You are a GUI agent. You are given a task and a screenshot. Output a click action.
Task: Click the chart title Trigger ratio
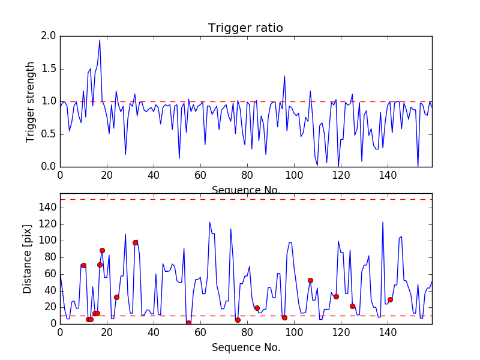pos(245,28)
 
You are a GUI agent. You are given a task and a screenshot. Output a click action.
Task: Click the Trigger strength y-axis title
pos(31,101)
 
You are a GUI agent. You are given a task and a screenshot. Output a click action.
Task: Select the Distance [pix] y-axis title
pos(27,262)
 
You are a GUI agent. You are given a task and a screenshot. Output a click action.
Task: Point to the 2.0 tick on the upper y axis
pos(49,36)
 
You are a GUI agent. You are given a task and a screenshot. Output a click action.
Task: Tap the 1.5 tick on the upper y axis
pos(49,69)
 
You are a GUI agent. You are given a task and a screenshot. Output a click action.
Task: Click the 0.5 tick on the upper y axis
pos(49,134)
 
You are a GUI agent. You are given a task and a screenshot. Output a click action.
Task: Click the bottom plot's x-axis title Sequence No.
pos(245,347)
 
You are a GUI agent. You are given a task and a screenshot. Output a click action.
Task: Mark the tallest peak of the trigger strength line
pos(100,40)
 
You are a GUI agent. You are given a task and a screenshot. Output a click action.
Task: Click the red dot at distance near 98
pos(135,242)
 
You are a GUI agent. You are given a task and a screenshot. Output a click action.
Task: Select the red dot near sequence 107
pos(310,280)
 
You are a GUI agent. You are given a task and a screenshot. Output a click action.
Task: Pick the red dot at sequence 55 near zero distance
pos(188,323)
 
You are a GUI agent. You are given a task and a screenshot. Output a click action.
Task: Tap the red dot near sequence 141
pos(390,299)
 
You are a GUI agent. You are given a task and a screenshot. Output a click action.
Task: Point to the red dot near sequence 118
pos(336,296)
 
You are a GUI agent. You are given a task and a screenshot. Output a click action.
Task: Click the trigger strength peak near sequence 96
pos(284,76)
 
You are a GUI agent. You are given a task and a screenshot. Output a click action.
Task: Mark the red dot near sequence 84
pos(257,308)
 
